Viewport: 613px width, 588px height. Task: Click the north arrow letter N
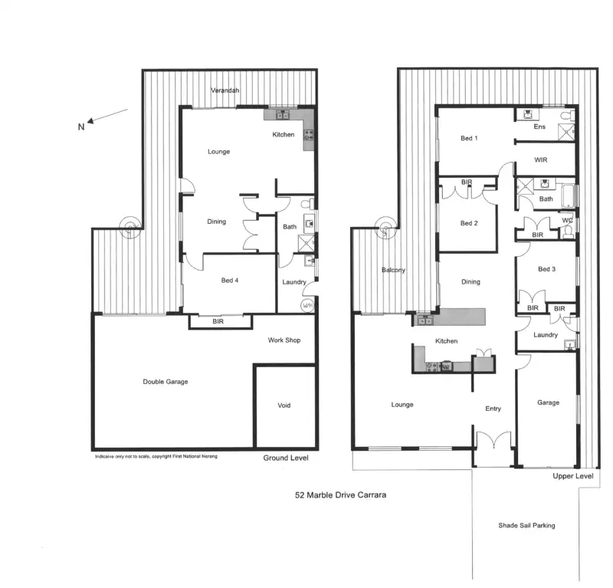pos(80,127)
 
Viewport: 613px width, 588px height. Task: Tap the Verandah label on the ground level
pos(225,91)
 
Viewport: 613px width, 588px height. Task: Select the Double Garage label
pos(166,382)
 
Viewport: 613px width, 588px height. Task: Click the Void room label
pos(284,406)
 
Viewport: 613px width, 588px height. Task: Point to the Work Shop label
pos(284,340)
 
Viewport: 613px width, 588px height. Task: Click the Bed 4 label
pos(230,281)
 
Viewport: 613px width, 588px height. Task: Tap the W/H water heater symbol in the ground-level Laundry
pos(307,305)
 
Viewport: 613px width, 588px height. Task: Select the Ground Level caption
pos(286,458)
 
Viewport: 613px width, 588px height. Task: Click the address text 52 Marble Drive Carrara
pos(340,495)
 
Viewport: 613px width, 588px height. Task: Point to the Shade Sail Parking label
pos(526,525)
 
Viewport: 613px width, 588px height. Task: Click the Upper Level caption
pos(573,476)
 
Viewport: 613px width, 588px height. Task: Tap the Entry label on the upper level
pos(493,409)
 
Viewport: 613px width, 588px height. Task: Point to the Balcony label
pos(393,270)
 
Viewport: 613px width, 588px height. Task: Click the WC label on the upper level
pos(568,221)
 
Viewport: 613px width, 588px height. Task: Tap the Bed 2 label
pos(469,223)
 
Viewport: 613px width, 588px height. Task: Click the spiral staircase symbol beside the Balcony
pos(386,226)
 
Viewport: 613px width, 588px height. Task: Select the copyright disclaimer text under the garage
pos(156,457)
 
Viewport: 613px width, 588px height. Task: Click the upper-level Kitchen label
pos(447,340)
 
